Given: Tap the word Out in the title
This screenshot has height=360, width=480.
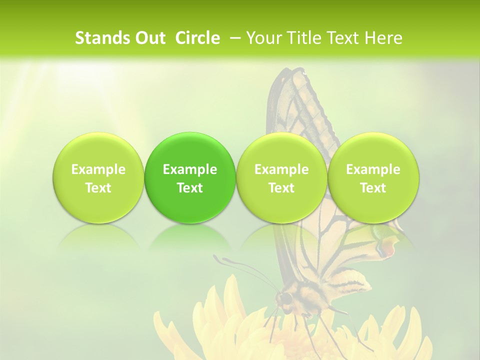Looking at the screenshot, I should click(149, 38).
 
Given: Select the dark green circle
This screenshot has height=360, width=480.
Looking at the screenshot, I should click(190, 178).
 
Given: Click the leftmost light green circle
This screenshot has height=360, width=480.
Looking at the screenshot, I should click(98, 178).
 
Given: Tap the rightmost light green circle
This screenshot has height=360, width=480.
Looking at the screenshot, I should click(373, 178).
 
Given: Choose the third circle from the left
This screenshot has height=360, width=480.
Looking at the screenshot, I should click(281, 178).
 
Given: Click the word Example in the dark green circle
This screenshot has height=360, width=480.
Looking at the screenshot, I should click(190, 169).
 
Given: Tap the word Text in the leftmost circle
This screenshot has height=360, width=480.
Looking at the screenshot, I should click(98, 188).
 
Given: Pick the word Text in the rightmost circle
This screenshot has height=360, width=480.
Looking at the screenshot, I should click(373, 188).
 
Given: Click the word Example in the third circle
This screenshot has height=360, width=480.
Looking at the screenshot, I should click(281, 169).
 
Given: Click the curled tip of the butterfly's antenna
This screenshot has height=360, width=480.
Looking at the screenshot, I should click(216, 258).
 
